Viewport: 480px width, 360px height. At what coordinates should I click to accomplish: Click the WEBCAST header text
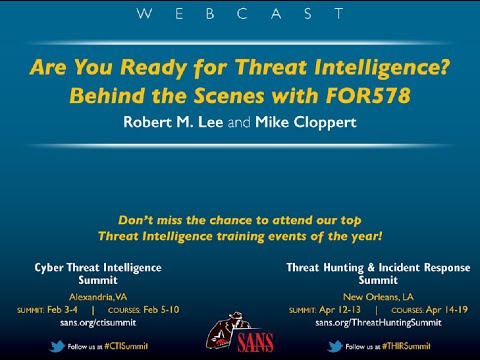click(240, 15)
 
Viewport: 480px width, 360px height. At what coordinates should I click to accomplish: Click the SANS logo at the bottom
click(240, 330)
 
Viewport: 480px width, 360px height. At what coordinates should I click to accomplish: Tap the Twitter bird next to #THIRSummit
click(336, 346)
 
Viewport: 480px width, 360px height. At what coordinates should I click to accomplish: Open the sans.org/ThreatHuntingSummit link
click(378, 323)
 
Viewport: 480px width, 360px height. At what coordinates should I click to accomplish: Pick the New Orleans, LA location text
click(378, 297)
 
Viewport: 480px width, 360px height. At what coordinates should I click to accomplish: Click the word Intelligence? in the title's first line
click(379, 71)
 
